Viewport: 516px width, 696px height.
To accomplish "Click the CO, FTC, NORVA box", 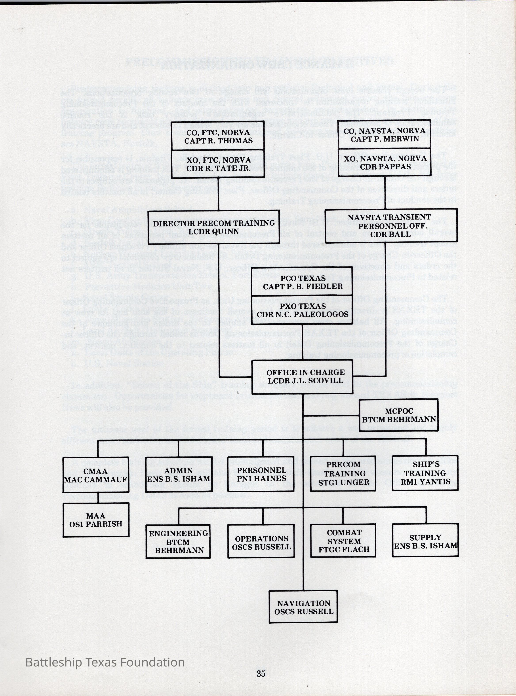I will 218,136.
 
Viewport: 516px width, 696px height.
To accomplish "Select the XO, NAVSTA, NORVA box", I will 385,163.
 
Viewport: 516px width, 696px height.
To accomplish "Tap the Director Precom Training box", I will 214,227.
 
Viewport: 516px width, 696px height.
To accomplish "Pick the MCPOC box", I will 399,415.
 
